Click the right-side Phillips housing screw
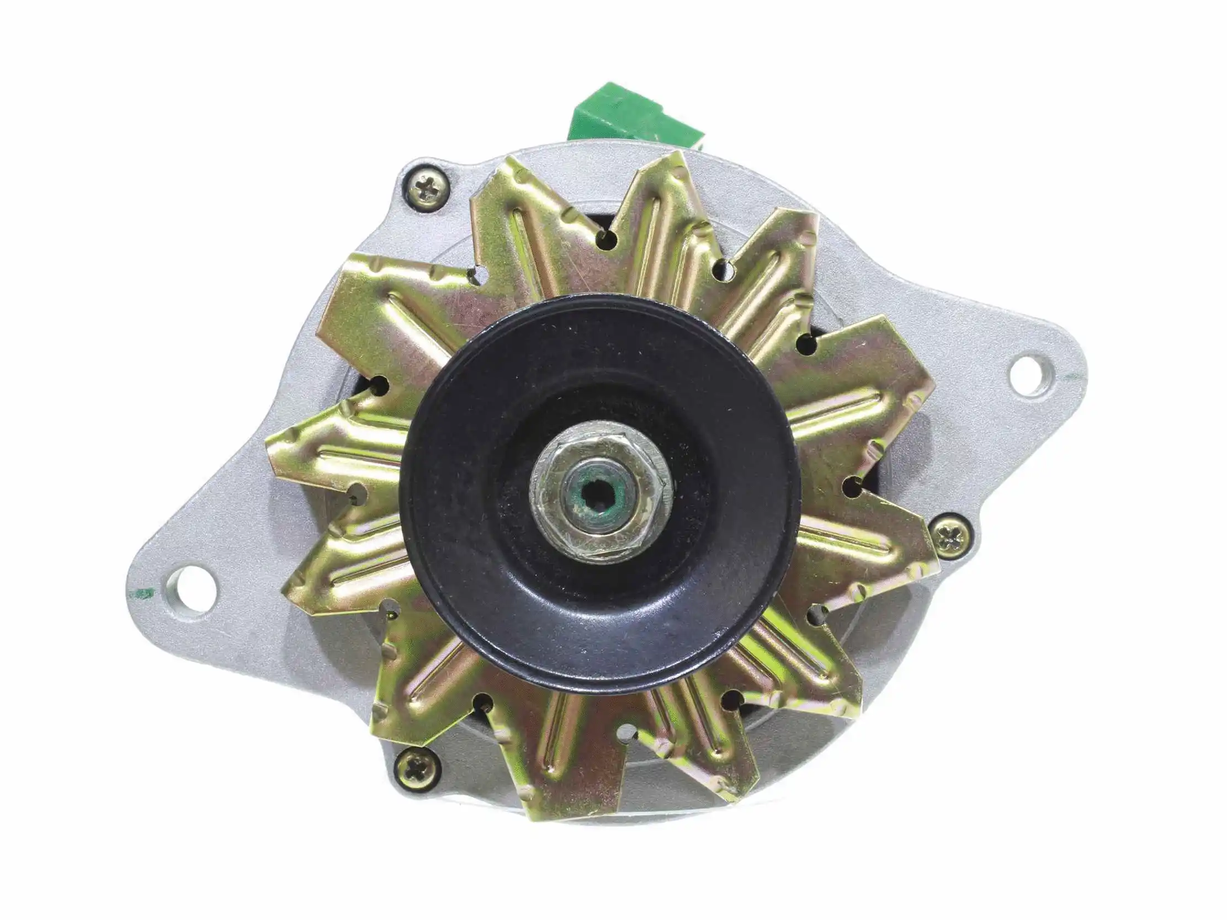pos(950,536)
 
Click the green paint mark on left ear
pos(144,594)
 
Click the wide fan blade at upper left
pos(377,311)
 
